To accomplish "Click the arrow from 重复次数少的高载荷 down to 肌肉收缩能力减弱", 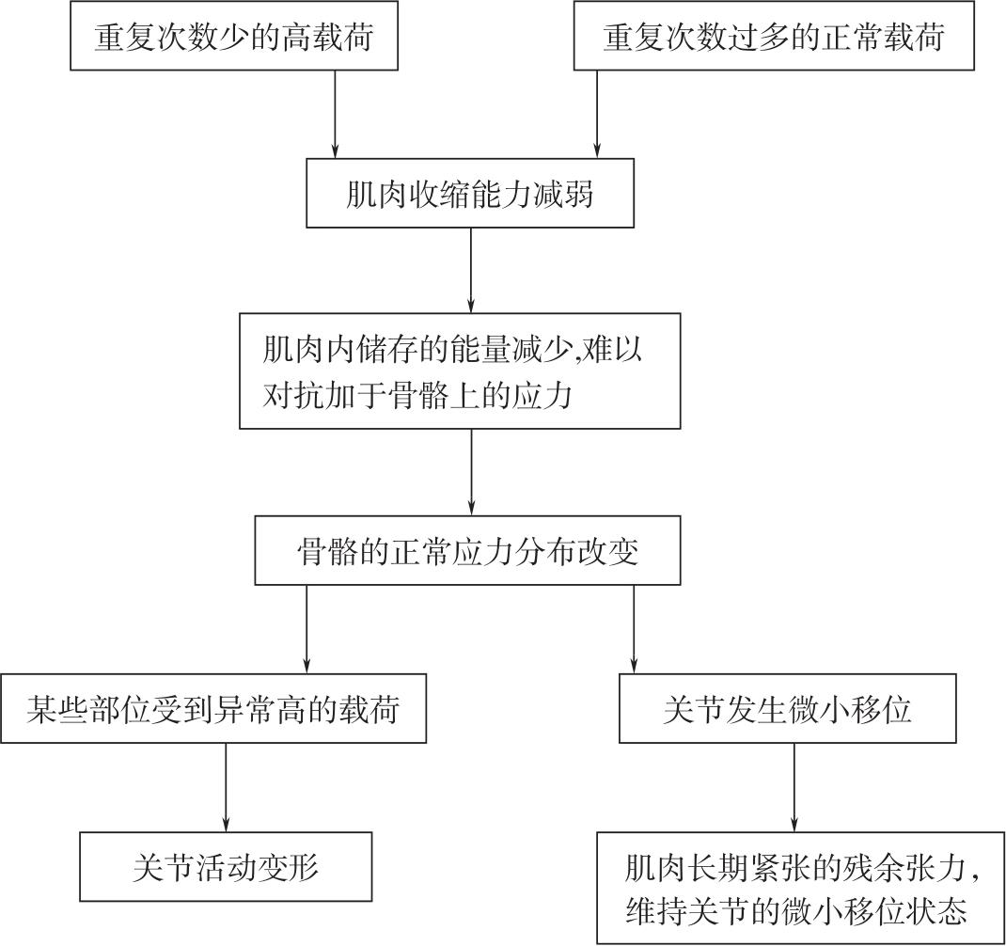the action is pos(335,114).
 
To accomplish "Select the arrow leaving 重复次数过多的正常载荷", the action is pos(597,114).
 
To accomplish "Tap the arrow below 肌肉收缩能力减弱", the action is pos(471,270).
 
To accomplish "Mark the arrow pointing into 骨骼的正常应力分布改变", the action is pos(472,472).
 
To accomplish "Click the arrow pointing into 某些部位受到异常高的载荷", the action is pos(307,630).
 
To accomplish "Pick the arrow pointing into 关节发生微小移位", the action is pos(635,630).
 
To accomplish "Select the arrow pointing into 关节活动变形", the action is pos(226,787).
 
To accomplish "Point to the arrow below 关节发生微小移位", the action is pos(794,787).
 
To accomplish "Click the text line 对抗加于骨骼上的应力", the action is pos(417,395).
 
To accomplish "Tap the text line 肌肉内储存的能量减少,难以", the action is pos(452,351).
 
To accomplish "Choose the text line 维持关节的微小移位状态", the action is pos(796,911).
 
